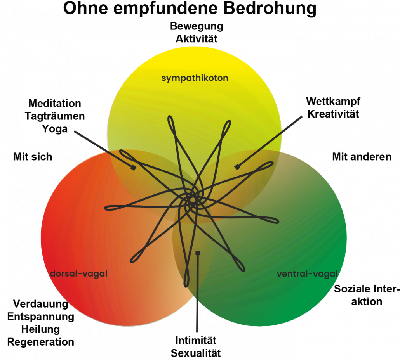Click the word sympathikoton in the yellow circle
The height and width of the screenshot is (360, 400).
195,78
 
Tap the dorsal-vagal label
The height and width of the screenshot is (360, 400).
78,274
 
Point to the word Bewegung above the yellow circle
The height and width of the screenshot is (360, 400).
197,26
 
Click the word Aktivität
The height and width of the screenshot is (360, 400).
197,39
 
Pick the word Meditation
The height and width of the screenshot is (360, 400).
55,104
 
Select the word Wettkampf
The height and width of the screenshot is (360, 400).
333,102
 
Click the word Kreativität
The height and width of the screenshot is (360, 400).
333,114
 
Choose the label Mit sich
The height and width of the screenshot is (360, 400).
33,157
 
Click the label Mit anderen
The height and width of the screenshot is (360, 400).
362,157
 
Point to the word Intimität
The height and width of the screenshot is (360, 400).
196,341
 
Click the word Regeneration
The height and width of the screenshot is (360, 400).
40,342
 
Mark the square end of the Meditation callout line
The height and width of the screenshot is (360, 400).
133,168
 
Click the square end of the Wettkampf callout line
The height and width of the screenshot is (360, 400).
237,167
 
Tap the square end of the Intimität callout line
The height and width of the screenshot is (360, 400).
198,253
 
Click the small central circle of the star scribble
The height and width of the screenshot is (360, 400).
193,200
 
